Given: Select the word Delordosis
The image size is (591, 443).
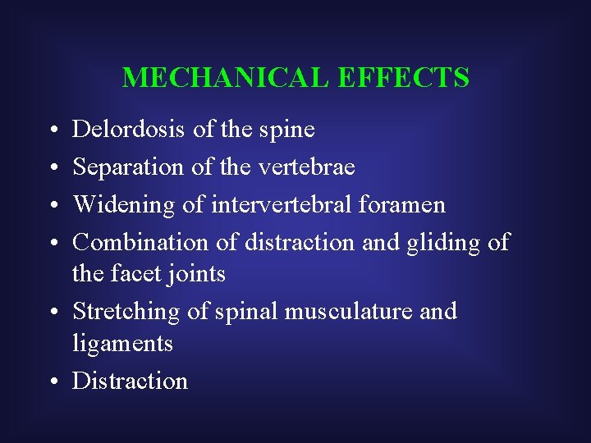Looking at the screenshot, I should point(129,129).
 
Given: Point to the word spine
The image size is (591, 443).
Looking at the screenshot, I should point(287,130).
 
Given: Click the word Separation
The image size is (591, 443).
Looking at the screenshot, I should point(128,167).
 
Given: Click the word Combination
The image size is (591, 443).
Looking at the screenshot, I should point(141,242).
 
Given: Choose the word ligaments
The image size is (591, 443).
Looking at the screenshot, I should point(123,343).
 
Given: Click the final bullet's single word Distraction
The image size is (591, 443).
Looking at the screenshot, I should point(131,381).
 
